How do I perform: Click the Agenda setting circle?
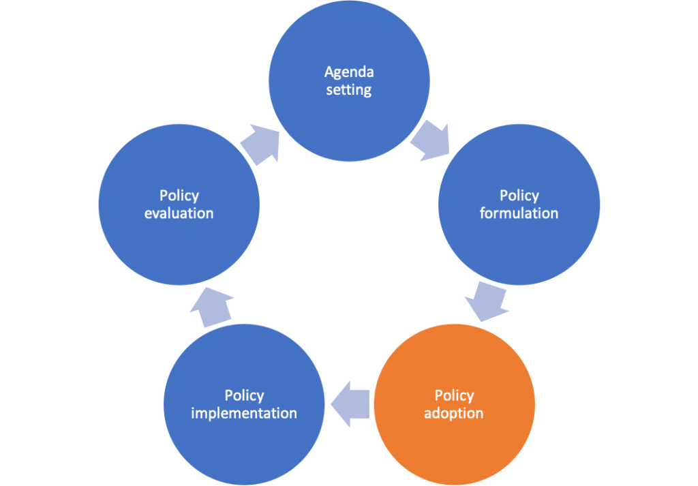(349, 81)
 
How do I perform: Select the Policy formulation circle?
(519, 204)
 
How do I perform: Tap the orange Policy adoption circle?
(454, 404)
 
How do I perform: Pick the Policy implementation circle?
(244, 404)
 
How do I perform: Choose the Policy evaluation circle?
(179, 204)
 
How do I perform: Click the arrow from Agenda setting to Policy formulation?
(431, 140)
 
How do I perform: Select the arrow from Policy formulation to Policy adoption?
(487, 301)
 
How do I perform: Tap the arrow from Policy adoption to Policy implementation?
(350, 404)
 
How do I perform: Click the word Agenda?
(349, 72)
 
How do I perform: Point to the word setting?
(349, 89)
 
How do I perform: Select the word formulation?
(519, 213)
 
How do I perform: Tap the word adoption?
(453, 414)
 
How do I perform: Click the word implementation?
(244, 414)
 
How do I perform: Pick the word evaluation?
(179, 213)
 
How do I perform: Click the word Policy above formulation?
(519, 196)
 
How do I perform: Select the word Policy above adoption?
(454, 395)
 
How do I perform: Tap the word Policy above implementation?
(244, 395)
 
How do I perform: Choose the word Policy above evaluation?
(179, 196)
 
